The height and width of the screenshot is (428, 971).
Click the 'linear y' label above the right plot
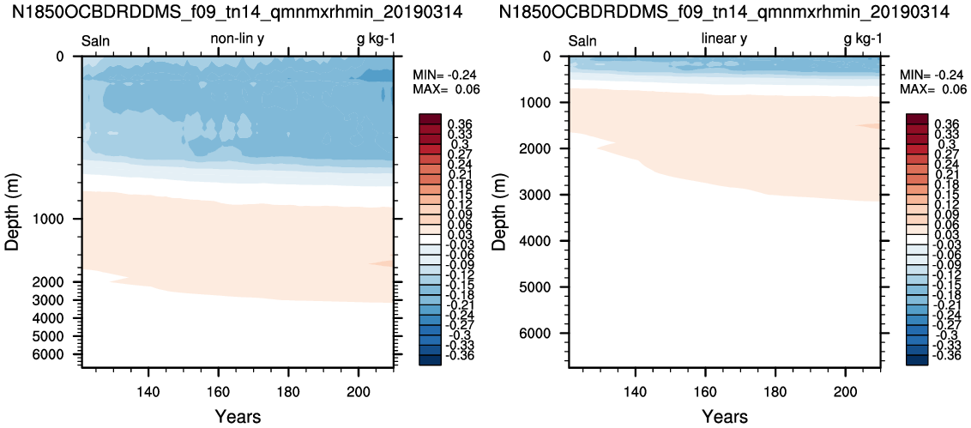(724, 39)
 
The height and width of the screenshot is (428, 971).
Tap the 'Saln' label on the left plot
(96, 41)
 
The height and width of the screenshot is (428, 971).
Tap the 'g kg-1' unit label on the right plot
(863, 40)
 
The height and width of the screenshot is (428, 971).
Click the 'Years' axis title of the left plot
(238, 416)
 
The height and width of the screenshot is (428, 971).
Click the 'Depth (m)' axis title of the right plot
(499, 212)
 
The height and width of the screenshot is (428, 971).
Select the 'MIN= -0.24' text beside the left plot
(446, 75)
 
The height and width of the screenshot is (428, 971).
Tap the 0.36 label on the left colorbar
(460, 124)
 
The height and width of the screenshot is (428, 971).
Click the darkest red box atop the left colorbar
(429, 118)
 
